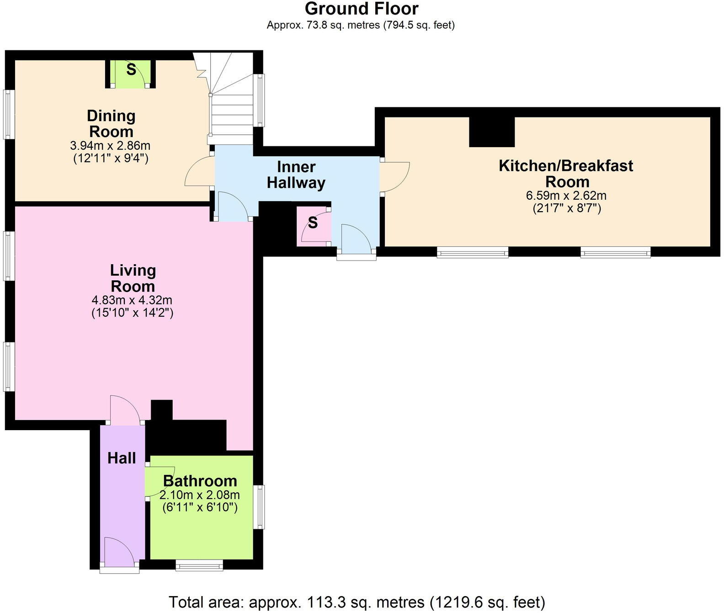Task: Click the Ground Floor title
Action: (x=361, y=9)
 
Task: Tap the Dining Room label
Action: (x=111, y=123)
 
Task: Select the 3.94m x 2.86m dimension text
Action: (x=110, y=146)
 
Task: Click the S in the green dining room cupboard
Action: (x=131, y=70)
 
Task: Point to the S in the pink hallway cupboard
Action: (x=313, y=223)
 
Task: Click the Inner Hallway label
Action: (x=296, y=175)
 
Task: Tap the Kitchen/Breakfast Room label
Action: (x=566, y=173)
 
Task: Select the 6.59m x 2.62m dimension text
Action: (x=566, y=196)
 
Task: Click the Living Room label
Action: (x=133, y=278)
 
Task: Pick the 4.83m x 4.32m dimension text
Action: (x=132, y=300)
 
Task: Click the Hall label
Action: (x=122, y=458)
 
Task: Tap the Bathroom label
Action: (x=200, y=481)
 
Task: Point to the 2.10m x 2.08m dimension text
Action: (x=200, y=495)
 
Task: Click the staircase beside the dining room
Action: (x=231, y=105)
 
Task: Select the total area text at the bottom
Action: (x=357, y=602)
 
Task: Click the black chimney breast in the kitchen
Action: (x=492, y=132)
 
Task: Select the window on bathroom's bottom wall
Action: (x=199, y=566)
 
